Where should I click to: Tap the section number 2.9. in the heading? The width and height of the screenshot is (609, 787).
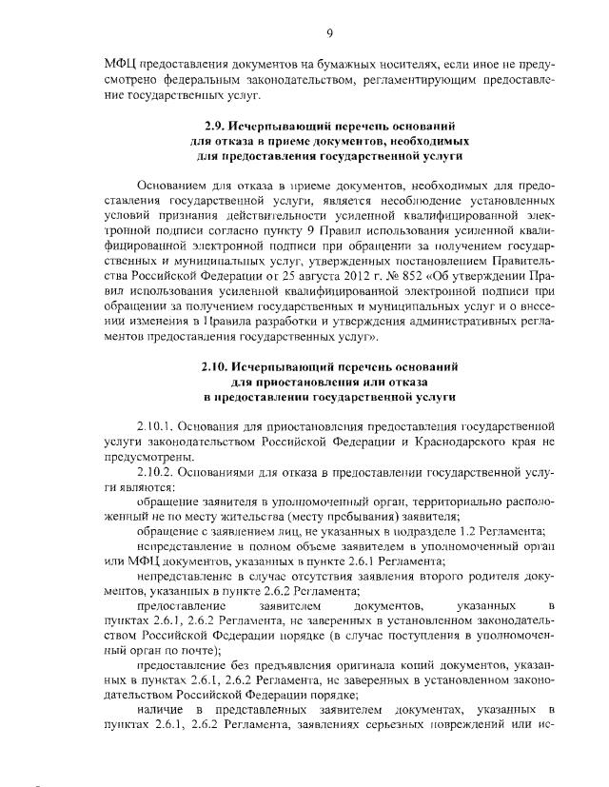click(x=217, y=125)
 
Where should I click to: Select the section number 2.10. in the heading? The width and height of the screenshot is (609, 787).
click(x=217, y=365)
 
